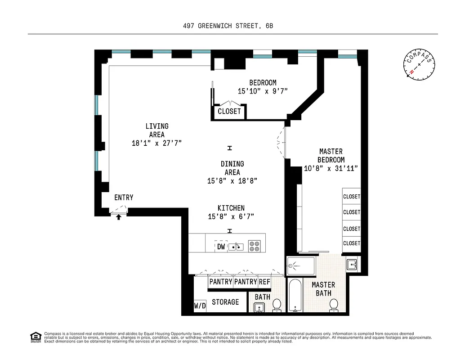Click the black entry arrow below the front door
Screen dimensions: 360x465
[119, 217]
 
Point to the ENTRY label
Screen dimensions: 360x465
[124, 198]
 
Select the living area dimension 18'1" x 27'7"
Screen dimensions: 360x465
[157, 143]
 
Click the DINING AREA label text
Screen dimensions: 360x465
[232, 168]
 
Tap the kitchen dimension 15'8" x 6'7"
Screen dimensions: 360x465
[231, 216]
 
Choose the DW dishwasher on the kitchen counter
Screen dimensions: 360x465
[221, 247]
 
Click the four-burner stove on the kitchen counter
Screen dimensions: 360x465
[254, 246]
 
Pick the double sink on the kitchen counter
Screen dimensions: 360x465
[237, 246]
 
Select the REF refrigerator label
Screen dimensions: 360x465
[264, 282]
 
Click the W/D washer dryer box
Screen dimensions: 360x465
[200, 306]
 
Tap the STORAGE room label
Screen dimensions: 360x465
[225, 302]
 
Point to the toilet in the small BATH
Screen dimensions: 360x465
[277, 305]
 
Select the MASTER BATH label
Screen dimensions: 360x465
[323, 289]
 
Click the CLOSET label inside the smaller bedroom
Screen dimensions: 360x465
[229, 111]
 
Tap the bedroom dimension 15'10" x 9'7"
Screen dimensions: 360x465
[263, 91]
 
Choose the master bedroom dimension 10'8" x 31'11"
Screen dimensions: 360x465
[331, 168]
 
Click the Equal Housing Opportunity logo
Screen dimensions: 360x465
[35, 337]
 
